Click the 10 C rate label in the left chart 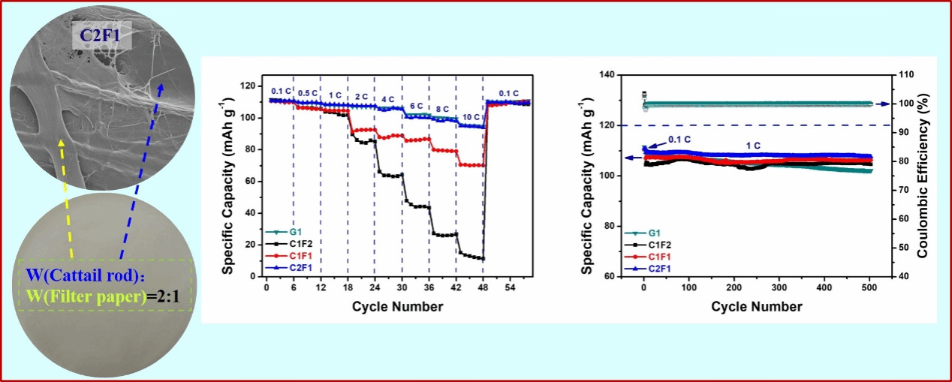(469, 118)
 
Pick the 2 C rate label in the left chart (361, 98)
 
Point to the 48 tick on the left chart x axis (483, 288)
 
